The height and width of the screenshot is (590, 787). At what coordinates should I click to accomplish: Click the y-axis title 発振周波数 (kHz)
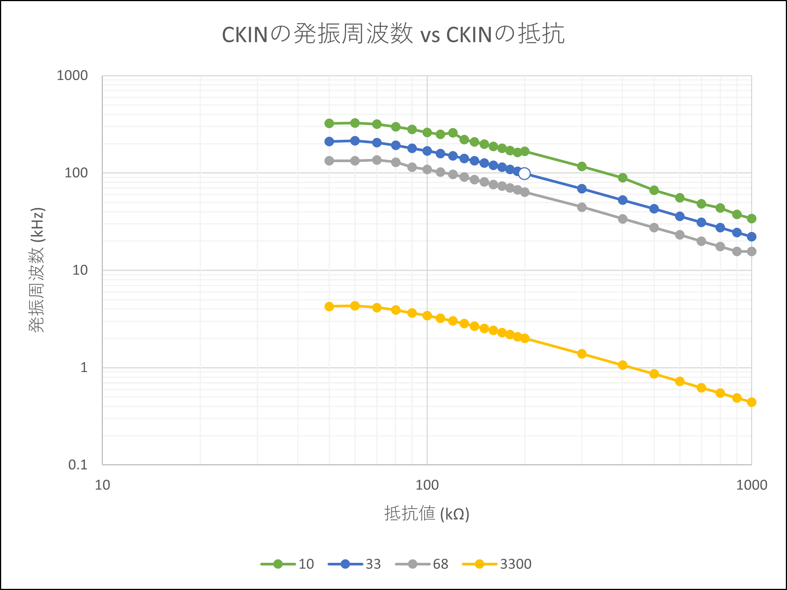(37, 270)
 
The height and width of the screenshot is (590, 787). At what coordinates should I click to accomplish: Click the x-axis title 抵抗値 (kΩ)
(427, 514)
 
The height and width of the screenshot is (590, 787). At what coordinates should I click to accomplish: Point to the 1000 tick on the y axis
(72, 76)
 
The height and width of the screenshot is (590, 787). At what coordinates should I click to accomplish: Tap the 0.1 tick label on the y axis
(78, 465)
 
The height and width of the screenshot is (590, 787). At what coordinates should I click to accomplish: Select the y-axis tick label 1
(84, 367)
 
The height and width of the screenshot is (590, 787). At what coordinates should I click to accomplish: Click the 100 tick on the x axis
(427, 485)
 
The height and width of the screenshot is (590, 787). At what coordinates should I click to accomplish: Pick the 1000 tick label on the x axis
(751, 485)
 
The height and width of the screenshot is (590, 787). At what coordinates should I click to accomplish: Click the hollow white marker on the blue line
(524, 174)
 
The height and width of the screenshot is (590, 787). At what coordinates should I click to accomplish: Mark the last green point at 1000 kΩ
(751, 218)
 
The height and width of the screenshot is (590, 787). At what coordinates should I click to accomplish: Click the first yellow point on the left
(329, 306)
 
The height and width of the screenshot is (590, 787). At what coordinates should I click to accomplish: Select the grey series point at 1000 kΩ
(751, 252)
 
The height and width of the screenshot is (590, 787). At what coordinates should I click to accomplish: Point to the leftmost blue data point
(329, 142)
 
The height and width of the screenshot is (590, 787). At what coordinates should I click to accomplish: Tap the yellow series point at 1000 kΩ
(751, 402)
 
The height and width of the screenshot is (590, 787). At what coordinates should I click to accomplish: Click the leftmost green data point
(329, 124)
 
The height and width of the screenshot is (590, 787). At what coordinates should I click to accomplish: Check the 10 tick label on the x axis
(102, 485)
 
